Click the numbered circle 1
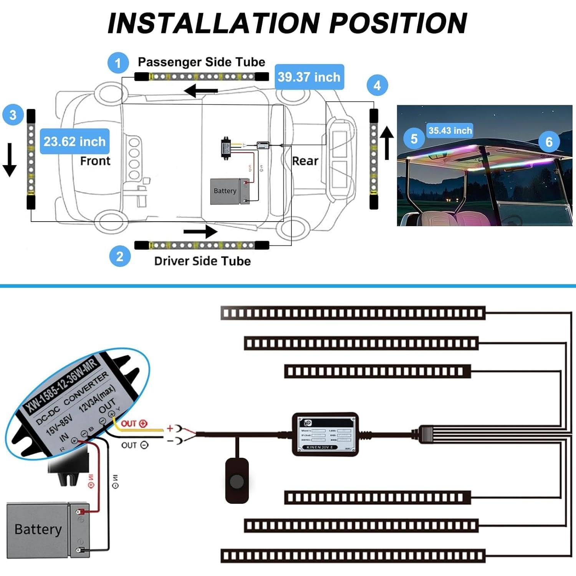[x=118, y=63]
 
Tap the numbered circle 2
[x=120, y=256]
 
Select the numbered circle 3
[x=13, y=115]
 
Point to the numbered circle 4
[x=377, y=85]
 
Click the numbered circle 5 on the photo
[x=414, y=139]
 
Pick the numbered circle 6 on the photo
[x=549, y=142]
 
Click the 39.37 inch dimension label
[x=309, y=77]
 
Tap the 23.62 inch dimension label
[x=74, y=141]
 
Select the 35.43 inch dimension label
[x=450, y=131]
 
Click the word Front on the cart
[x=95, y=161]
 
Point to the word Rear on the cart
[x=305, y=161]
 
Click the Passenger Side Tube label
[x=202, y=62]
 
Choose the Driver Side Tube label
[x=202, y=261]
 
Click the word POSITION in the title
[x=398, y=23]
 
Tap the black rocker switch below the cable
[x=237, y=480]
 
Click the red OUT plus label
[x=134, y=424]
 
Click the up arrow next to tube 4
[x=387, y=143]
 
